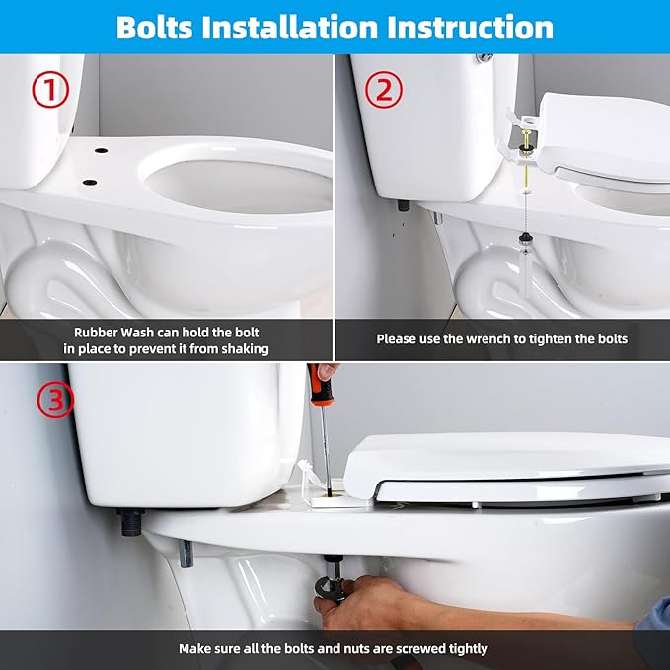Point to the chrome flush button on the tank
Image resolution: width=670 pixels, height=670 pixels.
tap(484, 60)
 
